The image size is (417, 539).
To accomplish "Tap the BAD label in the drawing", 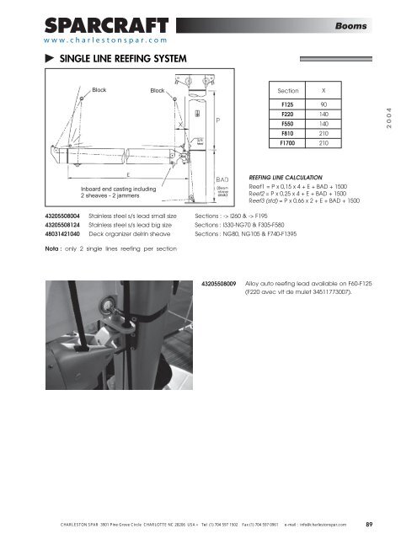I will pyautogui.click(x=222, y=179).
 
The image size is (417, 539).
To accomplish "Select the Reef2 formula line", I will pyautogui.click(x=304, y=194).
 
